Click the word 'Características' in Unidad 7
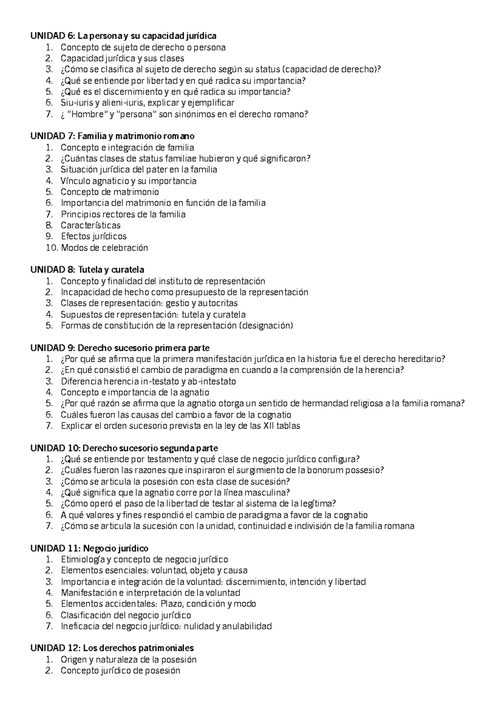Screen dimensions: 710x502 tap(90, 225)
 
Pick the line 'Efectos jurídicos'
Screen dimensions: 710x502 tap(94, 236)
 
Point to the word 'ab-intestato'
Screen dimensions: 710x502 tap(212, 381)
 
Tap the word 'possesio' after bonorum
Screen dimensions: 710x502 tap(366, 470)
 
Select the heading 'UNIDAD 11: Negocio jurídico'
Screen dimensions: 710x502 tap(89, 548)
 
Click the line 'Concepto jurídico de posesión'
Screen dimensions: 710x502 tap(120, 671)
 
